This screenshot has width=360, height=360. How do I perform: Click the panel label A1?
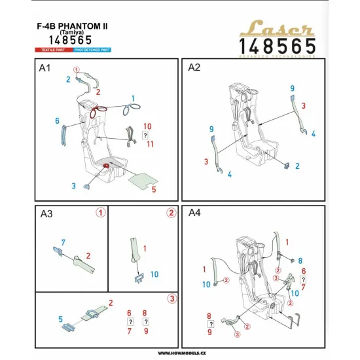click(x=46, y=67)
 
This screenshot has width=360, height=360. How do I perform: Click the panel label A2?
click(x=194, y=67)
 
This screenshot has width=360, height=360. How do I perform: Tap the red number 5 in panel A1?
click(x=153, y=189)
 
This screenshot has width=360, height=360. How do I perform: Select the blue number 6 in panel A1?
click(x=58, y=121)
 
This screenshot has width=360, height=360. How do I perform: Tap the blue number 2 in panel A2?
click(x=298, y=166)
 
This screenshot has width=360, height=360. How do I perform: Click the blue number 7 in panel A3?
click(x=63, y=243)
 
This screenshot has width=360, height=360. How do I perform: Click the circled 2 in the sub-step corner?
click(x=170, y=213)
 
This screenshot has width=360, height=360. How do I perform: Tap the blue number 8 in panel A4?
click(x=300, y=261)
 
